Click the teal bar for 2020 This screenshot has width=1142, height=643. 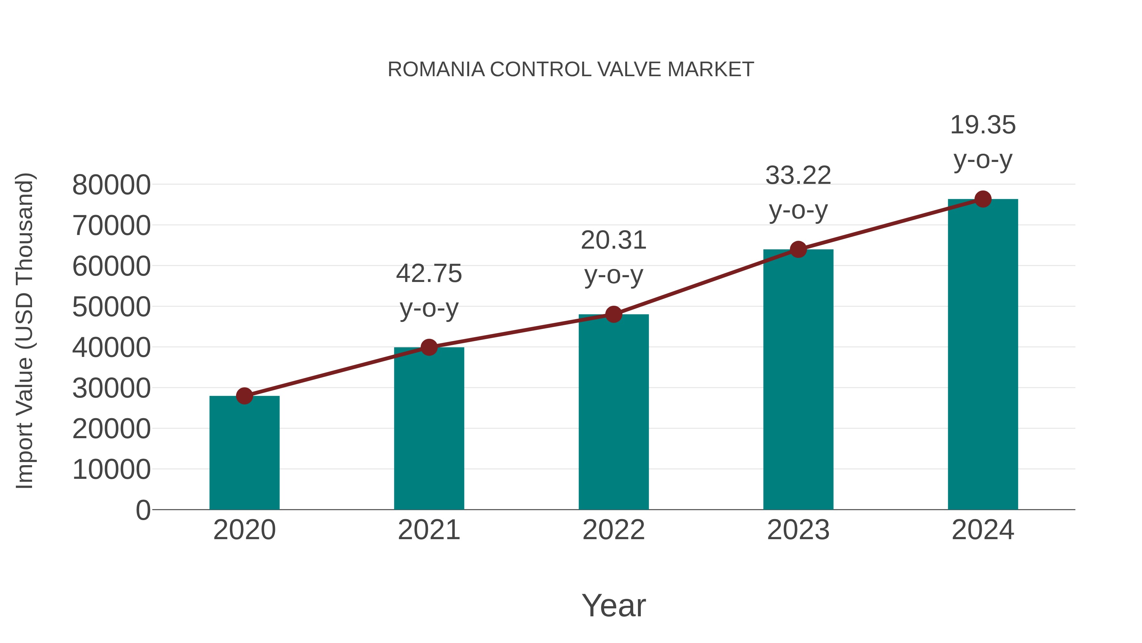pos(244,452)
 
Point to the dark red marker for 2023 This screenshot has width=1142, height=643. pos(798,249)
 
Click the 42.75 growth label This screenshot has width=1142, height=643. pos(429,273)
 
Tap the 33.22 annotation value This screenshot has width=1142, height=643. pos(798,175)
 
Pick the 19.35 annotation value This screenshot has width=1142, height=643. pos(983,125)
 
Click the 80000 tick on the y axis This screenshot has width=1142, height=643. pos(111,185)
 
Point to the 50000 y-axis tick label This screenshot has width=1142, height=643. pos(111,307)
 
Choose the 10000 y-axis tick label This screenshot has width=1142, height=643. pos(111,470)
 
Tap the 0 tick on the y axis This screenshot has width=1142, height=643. pos(143,510)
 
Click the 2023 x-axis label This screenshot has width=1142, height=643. pos(798,530)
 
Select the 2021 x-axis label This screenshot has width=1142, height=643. pos(429,530)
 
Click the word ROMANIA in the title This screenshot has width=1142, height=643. pos(436,70)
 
